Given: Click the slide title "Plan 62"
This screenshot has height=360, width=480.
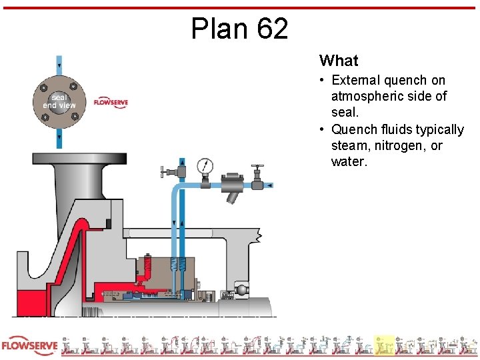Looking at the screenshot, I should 239,29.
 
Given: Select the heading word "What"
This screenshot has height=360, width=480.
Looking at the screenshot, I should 339,61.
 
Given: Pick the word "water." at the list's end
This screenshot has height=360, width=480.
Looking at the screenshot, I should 349,161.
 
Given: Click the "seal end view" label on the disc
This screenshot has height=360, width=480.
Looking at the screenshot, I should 59,101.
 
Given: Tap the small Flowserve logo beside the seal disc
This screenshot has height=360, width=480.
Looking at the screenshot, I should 111,103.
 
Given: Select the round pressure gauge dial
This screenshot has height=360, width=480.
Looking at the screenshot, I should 205,165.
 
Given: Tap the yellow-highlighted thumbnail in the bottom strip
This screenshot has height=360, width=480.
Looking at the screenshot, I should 384,345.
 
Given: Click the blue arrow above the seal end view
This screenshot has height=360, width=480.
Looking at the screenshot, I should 59,65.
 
